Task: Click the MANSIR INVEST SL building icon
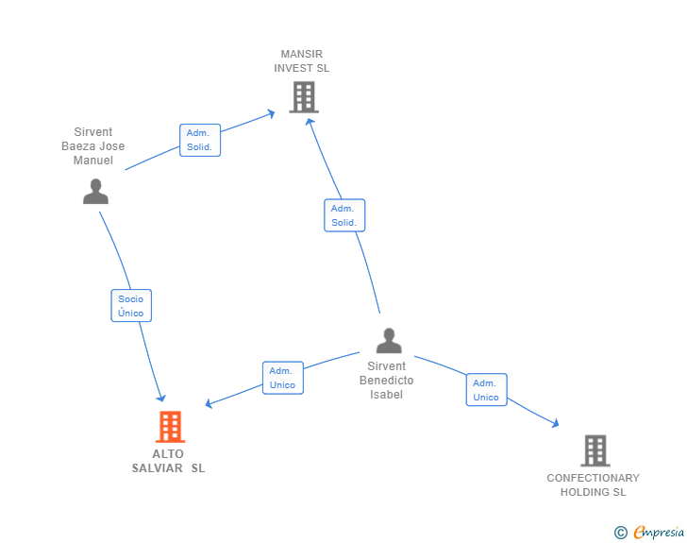pos(303,96)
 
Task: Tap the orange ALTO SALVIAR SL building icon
pos(170,427)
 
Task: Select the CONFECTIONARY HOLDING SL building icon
pos(595,450)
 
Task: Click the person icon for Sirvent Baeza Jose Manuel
pos(95,192)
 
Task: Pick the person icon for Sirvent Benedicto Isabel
pos(388,340)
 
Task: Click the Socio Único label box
pos(131,306)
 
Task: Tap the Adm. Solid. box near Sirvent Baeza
pos(200,140)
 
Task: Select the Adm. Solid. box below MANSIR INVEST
pos(343,215)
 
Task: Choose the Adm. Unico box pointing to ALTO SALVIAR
pos(282,378)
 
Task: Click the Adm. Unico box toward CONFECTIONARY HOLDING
pos(486,390)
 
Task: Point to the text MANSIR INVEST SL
pos(302,61)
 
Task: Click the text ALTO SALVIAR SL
pos(168,461)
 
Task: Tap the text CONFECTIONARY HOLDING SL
pos(593,484)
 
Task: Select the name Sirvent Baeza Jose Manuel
pos(93,146)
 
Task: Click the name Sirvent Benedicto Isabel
pos(386,381)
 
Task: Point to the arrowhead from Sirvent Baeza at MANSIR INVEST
pos(271,112)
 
